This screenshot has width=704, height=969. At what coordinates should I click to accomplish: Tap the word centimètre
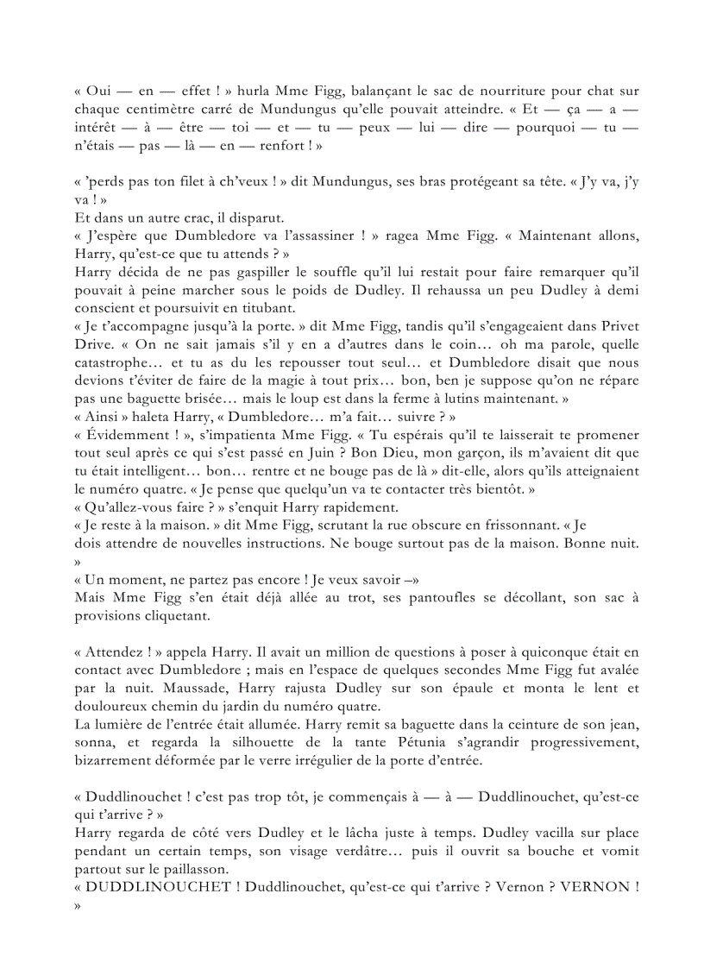pos(156,110)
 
